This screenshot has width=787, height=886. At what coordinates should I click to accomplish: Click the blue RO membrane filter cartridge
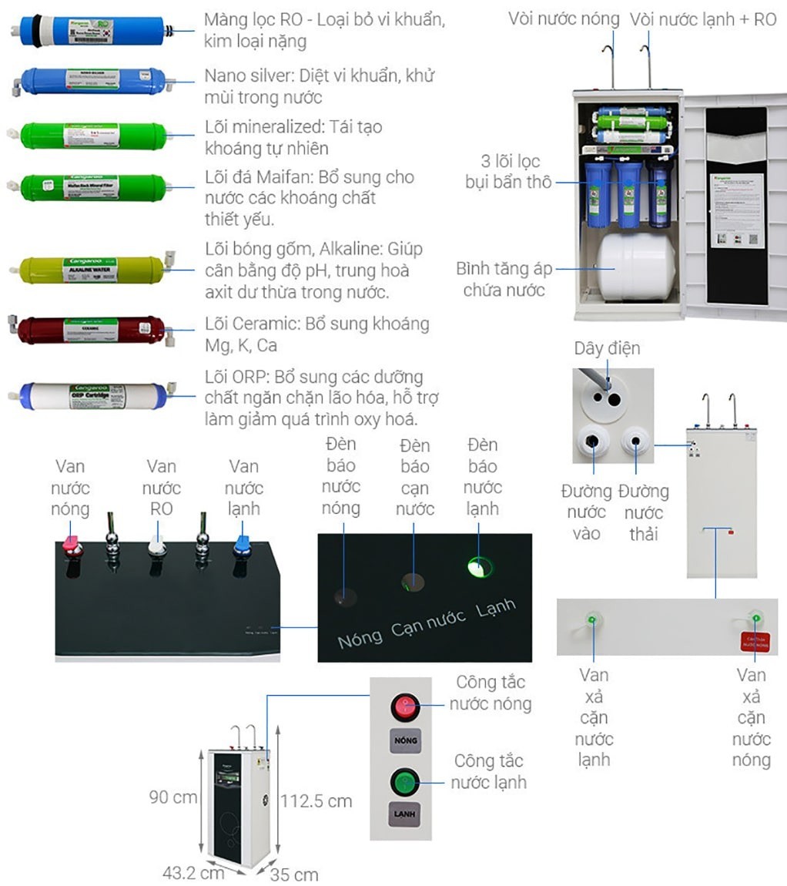point(92,31)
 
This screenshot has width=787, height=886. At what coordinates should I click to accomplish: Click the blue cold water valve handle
point(242,545)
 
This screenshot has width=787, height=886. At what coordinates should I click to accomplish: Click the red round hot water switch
point(405,706)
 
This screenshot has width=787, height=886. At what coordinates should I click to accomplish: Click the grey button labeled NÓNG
point(405,740)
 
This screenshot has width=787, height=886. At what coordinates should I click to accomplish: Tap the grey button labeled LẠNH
point(405,816)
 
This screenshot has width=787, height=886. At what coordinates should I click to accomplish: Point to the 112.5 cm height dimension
point(316,801)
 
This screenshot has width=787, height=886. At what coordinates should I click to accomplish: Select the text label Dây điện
point(607,348)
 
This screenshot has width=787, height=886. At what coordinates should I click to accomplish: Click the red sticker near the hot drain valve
point(755,640)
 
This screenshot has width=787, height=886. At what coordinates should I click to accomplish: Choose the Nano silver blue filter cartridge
point(92,80)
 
